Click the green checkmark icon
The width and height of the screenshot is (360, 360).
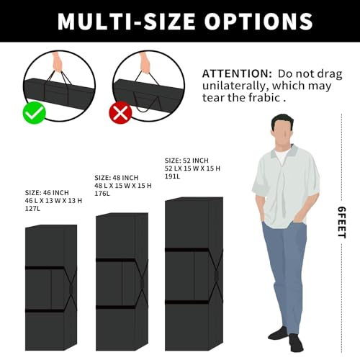coord(34,112)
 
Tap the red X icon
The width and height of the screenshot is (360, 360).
coord(120,112)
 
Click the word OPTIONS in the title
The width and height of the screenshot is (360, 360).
coord(258,21)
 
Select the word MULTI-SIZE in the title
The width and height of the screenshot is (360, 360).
coord(127,21)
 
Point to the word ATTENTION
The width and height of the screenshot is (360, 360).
coord(237,73)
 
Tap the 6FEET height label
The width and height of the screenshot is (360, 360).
coord(342,222)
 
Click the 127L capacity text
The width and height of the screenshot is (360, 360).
coord(32,209)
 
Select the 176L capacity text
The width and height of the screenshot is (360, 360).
coord(102,194)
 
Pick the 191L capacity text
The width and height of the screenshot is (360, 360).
coord(172,176)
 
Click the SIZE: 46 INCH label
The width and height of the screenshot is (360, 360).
coord(47,193)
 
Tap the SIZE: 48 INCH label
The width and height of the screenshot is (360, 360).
coord(117,178)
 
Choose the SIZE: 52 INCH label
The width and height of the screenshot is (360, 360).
coord(186,161)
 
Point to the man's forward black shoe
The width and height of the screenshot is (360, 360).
coord(297,343)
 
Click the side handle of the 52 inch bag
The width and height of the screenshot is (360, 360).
coord(217,276)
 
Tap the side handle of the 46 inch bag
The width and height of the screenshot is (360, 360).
coord(71,289)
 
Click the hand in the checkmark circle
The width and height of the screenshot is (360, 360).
coord(57,62)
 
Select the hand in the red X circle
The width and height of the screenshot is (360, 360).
coord(145,63)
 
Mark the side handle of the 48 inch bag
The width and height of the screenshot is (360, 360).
coord(142,283)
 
